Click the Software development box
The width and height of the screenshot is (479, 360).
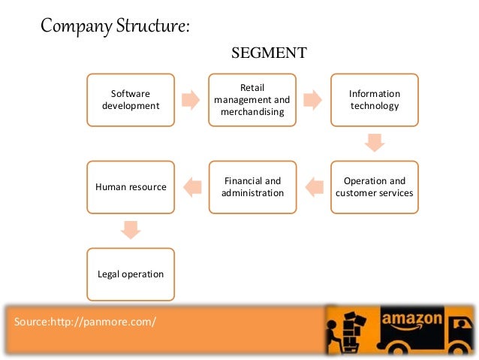pos(131,99)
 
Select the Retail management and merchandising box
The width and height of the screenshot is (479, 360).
pos(252,99)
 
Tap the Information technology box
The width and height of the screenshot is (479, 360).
pos(374,99)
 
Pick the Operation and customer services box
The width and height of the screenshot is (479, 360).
pos(374,186)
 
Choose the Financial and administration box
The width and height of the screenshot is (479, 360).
pos(252,186)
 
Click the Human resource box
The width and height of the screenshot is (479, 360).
pos(131,186)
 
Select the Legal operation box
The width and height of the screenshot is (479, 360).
pos(131,274)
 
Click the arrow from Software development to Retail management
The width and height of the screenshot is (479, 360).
pos(191,99)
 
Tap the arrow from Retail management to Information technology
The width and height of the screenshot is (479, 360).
pos(312,99)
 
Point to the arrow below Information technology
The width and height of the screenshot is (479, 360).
pos(374,142)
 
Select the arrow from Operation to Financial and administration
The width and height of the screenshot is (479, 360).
pos(314,186)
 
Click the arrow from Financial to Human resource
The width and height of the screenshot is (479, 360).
pos(192,186)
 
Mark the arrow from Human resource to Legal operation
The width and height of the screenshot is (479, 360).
pos(131,229)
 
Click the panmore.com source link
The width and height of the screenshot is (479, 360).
pos(85,322)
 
